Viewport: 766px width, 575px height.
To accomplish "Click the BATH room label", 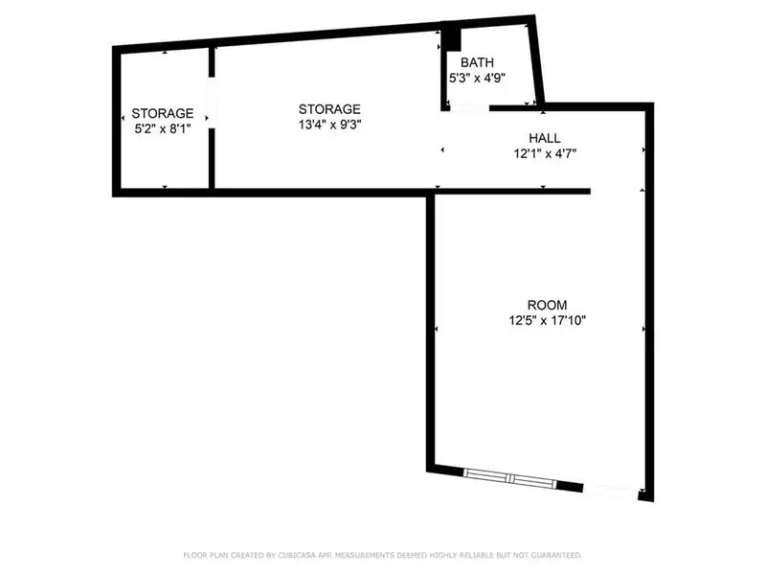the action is (477, 62).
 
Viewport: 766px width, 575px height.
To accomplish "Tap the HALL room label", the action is (545, 138).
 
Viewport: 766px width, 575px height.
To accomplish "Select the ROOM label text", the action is (547, 305).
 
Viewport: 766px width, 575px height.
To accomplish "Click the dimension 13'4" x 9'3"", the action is (329, 125).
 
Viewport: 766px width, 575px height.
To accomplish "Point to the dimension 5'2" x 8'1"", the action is (162, 129).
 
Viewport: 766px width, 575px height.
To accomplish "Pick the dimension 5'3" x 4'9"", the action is (477, 79).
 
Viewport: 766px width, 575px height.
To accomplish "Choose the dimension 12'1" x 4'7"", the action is (545, 154).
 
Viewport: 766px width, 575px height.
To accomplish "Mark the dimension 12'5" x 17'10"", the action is (547, 321).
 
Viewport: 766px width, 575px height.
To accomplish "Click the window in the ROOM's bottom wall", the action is (509, 478).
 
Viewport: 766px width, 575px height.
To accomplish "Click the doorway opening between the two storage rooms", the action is (212, 103).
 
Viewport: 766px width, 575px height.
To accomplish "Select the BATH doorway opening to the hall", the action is (469, 108).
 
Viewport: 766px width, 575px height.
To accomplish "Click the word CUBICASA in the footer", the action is (297, 555).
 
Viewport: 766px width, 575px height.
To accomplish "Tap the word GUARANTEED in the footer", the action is (556, 555).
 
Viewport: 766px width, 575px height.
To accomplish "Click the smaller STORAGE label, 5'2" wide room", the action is (162, 113).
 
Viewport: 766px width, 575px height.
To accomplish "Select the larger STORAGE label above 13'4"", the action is (329, 109).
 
